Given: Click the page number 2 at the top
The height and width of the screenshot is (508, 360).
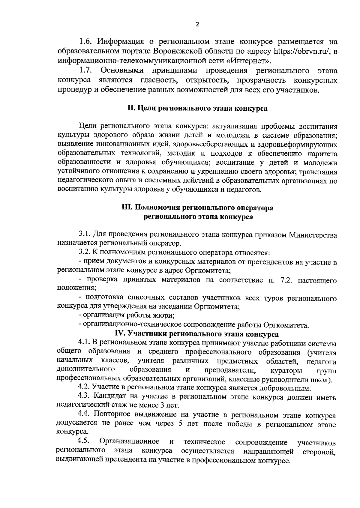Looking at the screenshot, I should (197, 25).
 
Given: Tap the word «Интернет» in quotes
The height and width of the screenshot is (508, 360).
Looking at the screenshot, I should (248, 61).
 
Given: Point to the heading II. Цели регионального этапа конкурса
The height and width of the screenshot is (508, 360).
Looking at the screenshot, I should (197, 108).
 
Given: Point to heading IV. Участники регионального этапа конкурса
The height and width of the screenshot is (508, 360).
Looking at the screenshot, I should (197, 334).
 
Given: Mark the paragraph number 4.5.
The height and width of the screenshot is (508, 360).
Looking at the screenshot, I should (84, 441).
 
